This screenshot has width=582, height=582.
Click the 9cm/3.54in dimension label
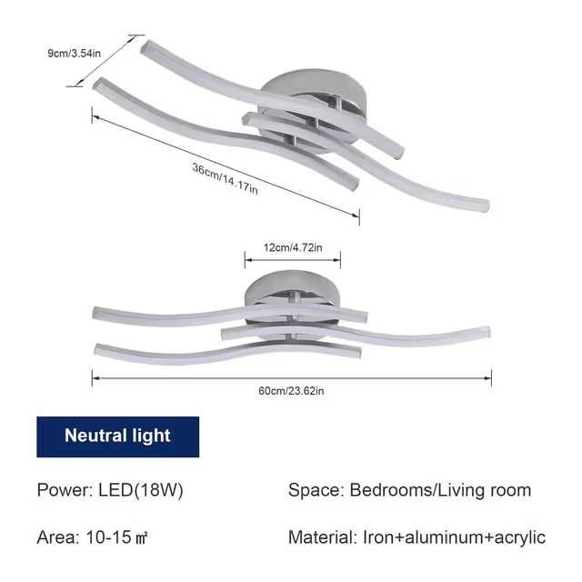tap(75, 53)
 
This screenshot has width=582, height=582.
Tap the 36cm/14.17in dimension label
tap(225, 178)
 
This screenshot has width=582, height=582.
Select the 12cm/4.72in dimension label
tap(293, 247)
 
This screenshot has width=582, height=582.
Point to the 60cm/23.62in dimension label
tap(291, 391)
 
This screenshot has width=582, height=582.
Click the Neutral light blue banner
tap(117, 436)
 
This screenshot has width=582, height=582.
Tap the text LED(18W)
tap(141, 490)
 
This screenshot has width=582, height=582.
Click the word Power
tap(65, 490)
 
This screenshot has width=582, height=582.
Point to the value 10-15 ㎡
tap(117, 537)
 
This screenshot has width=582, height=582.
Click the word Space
tap(316, 490)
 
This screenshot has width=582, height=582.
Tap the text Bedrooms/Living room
tap(440, 490)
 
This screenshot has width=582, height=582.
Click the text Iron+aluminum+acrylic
tap(455, 537)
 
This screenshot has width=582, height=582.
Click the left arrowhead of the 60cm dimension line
tap(95, 378)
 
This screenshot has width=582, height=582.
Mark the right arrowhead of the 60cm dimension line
tap(487, 378)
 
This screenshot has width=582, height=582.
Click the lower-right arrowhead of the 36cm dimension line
tap(356, 215)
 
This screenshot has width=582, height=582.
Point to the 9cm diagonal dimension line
tap(105, 61)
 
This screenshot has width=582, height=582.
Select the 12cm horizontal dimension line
tap(293, 260)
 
